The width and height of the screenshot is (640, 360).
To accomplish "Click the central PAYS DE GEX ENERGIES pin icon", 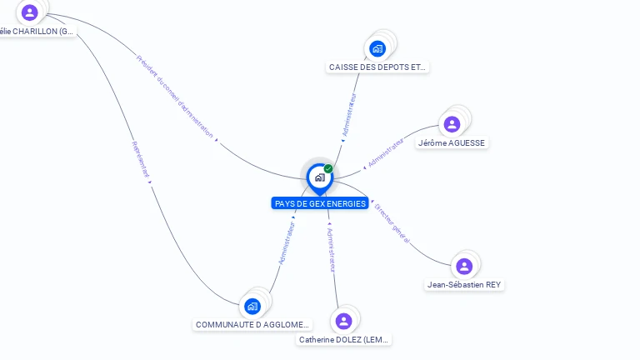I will coord(319,177).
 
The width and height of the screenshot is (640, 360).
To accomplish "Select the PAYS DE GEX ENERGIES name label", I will coord(320,203).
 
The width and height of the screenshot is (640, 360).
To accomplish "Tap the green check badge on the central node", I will coord(328,169).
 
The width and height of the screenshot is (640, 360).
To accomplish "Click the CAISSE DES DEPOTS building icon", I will coord(377,48).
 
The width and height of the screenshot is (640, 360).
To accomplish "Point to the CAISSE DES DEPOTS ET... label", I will coord(378,67).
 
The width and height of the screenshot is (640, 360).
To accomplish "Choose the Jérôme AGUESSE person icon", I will coord(452,124).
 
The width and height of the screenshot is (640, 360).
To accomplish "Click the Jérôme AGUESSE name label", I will coord(452,142).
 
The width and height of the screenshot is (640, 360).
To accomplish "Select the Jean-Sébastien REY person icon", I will coord(464,266).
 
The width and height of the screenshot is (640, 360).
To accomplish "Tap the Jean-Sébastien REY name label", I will coord(465,284).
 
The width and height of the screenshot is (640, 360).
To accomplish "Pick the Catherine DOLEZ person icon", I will coord(343,321).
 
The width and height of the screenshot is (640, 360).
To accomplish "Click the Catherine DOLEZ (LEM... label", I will coord(344,339).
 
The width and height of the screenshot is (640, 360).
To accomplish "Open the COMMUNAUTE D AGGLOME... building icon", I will coord(252,306).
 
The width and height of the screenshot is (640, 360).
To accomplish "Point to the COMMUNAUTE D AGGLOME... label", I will coord(252,324).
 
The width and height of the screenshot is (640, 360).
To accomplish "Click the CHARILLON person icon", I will coord(30,12).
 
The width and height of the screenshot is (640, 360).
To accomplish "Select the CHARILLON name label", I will coord(37,32).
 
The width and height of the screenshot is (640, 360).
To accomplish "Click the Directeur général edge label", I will coord(392,222).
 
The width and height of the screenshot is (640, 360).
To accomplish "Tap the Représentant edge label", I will coord(140,159).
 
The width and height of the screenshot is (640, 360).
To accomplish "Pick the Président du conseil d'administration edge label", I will coord(174,96).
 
